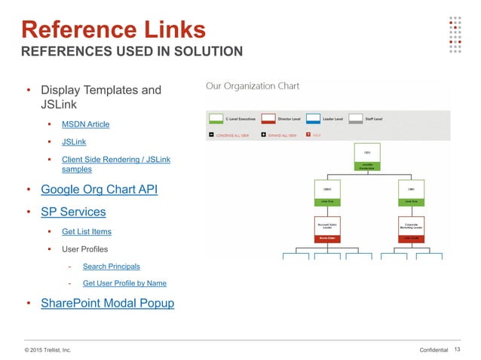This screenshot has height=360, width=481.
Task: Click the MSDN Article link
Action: pyautogui.click(x=85, y=124)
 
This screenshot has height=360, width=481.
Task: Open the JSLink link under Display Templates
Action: pyautogui.click(x=73, y=141)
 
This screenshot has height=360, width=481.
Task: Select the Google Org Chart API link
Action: pyautogui.click(x=99, y=189)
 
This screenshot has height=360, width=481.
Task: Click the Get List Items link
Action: pyautogui.click(x=87, y=231)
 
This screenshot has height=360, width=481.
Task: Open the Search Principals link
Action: pyautogui.click(x=111, y=266)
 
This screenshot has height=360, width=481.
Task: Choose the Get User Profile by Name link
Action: pyautogui.click(x=124, y=283)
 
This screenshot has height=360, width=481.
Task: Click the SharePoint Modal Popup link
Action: pyautogui.click(x=107, y=304)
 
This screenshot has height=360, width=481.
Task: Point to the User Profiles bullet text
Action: pyautogui.click(x=84, y=249)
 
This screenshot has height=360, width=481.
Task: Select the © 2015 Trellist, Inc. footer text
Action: pyautogui.click(x=48, y=349)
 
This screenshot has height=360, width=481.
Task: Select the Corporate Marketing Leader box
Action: pyautogui.click(x=411, y=227)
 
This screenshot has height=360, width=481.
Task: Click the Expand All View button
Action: pyautogui.click(x=263, y=136)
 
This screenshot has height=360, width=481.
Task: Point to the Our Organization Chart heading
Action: pyautogui.click(x=253, y=87)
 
